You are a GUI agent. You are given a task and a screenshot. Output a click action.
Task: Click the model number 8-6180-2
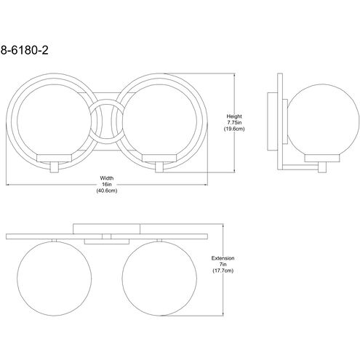[24, 50]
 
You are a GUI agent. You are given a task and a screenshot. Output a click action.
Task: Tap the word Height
[234, 116]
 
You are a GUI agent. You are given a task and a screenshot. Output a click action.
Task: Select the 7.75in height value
[234, 122]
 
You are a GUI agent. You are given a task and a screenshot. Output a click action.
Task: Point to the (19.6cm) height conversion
[234, 129]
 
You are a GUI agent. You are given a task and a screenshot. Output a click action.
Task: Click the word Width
[107, 178]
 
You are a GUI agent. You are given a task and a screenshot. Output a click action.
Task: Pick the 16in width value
[107, 185]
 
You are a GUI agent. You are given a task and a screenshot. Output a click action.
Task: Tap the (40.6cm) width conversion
[107, 191]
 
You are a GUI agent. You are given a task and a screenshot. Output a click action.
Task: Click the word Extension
[223, 258]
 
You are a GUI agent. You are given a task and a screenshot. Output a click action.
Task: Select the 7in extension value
[223, 264]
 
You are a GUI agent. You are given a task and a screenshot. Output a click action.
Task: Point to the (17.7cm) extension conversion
[223, 271]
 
